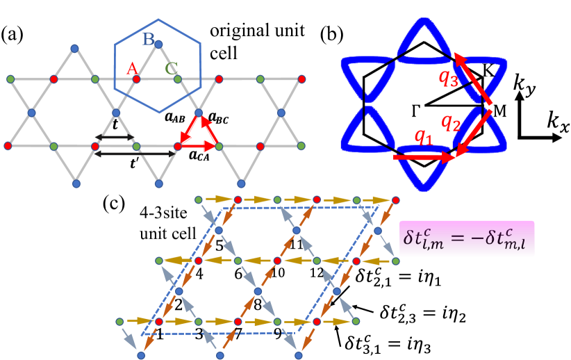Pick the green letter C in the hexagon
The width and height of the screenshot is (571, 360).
[171, 68]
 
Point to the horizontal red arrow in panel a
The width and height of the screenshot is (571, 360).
[197, 146]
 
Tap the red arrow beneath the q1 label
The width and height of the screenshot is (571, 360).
[424, 158]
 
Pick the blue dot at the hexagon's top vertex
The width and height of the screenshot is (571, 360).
[158, 44]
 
